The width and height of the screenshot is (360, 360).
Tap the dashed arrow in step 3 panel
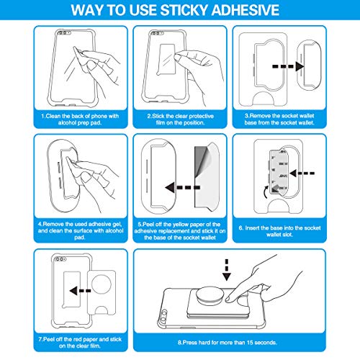288,66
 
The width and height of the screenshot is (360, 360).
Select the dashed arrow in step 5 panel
182,187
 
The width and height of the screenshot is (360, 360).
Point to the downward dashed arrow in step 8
227,270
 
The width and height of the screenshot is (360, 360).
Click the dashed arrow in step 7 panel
80,291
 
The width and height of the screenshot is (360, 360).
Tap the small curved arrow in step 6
266,192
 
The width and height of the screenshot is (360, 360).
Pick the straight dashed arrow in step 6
302,173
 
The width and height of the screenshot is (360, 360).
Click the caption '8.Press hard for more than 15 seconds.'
227,343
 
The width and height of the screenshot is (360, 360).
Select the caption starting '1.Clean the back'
80,120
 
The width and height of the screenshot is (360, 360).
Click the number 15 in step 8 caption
250,343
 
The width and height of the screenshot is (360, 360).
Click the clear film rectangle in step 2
166,60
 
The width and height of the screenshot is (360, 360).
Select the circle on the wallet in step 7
102,284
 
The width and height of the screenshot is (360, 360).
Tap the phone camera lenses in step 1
63,32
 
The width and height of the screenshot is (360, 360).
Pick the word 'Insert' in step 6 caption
253,228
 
